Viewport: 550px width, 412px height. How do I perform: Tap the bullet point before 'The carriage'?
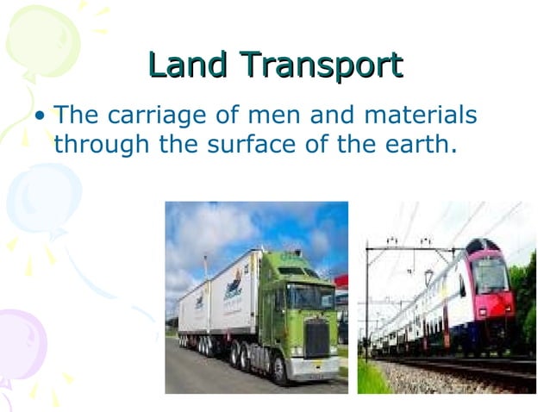coord(40,115)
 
